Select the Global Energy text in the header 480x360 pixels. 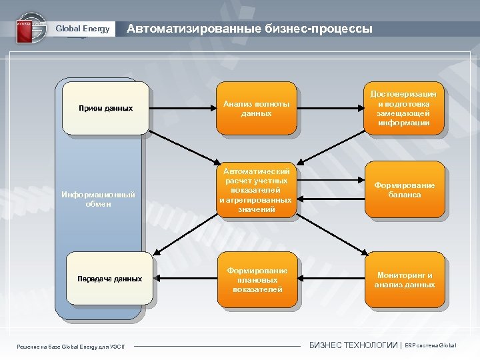[82, 29]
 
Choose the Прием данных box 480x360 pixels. [105, 108]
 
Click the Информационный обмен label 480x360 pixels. [98, 199]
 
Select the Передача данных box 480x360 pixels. [109, 279]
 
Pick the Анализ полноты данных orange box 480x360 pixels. [257, 109]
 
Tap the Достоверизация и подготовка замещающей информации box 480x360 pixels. [403, 109]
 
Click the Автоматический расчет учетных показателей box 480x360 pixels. [257, 190]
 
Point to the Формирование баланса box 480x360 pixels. [404, 190]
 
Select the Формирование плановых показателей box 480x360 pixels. [257, 279]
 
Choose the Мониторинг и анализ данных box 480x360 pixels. [404, 279]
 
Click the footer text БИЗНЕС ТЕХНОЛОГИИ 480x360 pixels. [353, 345]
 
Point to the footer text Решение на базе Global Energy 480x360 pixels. [74, 345]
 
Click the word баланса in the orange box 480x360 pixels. [405, 195]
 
